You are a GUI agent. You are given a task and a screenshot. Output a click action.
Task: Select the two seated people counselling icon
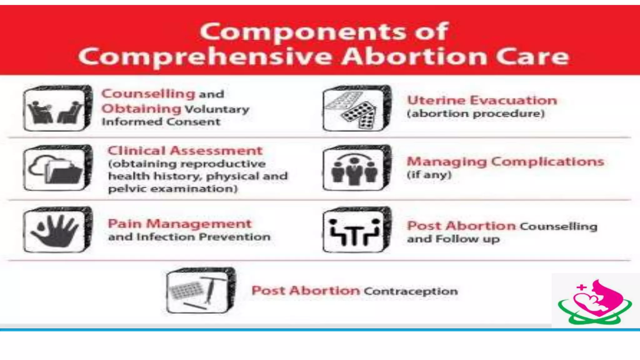[x=56, y=108]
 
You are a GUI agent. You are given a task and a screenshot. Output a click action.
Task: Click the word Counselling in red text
[x=148, y=93]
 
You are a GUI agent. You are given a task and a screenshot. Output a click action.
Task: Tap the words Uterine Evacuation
[x=482, y=100]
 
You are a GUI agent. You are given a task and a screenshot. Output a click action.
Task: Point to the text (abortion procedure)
[x=476, y=113]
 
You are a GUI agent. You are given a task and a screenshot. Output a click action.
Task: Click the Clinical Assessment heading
[x=185, y=151]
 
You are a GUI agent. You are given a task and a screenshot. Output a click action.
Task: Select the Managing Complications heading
[x=505, y=162]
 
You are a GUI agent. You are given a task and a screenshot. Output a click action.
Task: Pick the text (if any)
[x=429, y=174]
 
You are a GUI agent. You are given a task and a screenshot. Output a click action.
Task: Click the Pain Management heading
[x=180, y=224]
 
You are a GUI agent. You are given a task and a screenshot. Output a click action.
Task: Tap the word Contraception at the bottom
[x=411, y=291]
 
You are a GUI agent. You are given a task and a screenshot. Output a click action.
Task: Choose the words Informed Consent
[x=161, y=122]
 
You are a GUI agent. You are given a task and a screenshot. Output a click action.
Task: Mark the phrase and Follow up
[x=453, y=239]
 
